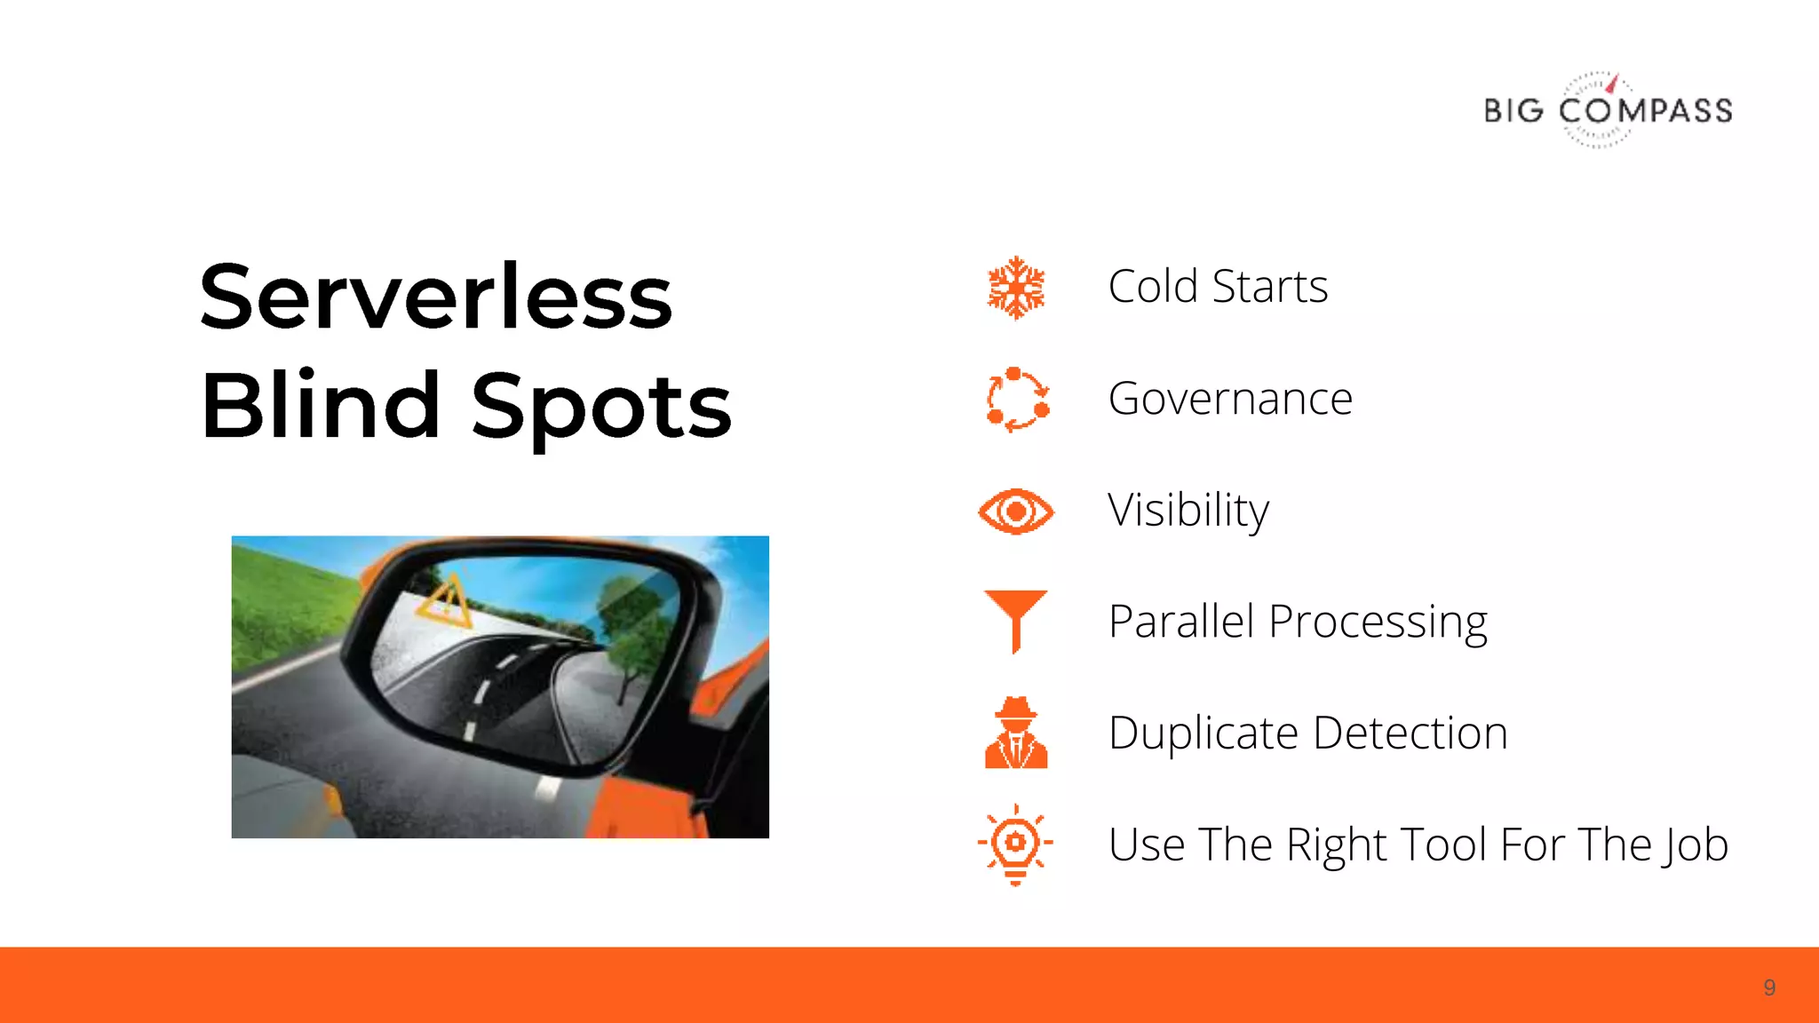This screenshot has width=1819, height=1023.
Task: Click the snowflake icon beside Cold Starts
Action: click(x=1016, y=288)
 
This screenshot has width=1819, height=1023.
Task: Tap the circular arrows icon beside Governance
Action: click(x=1017, y=400)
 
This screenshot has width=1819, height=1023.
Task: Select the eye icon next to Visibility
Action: click(x=1016, y=511)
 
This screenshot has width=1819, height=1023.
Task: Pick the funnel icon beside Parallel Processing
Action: click(x=1016, y=619)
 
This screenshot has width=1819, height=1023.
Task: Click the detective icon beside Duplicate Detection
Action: click(x=1016, y=733)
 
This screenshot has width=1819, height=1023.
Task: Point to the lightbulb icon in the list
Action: click(x=1016, y=845)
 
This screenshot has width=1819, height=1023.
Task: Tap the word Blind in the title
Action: click(x=321, y=406)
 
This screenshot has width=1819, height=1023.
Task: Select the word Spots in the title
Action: click(x=601, y=408)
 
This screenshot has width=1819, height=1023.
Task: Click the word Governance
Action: click(x=1230, y=399)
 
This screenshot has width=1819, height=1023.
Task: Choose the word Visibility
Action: click(x=1188, y=511)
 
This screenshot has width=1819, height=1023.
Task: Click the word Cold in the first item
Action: click(x=1153, y=287)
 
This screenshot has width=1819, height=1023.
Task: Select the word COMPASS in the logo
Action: click(x=1645, y=111)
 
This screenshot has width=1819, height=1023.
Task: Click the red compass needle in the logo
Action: click(x=1613, y=83)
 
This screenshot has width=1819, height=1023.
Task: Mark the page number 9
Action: click(x=1769, y=988)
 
